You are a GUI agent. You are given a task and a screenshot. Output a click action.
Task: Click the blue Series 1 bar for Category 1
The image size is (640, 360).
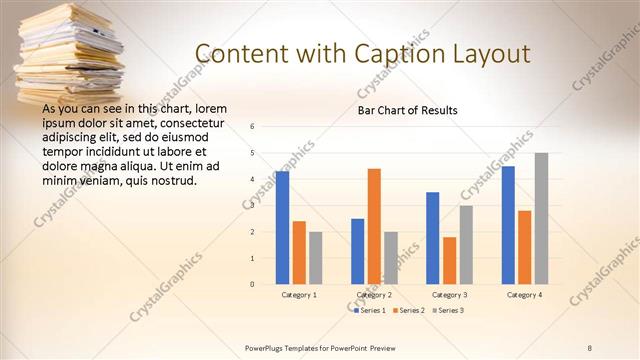point(282,228)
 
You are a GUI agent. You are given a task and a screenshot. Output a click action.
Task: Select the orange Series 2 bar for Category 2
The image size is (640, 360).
point(374,226)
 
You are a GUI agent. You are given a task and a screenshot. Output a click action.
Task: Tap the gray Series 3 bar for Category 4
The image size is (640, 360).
point(541,218)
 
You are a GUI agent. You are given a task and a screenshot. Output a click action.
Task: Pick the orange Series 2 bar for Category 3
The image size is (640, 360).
point(450,260)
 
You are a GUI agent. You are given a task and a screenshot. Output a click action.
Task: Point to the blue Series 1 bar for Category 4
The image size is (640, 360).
point(508,225)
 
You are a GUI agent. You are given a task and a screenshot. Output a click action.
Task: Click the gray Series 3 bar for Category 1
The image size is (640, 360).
point(315,258)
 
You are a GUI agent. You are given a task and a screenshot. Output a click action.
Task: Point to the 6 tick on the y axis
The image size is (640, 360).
point(253,127)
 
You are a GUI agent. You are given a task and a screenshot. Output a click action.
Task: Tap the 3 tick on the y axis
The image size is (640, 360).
point(253,206)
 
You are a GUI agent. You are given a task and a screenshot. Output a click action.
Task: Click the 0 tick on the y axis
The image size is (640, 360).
point(253,284)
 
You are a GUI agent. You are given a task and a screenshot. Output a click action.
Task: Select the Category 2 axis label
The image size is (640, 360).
point(374,295)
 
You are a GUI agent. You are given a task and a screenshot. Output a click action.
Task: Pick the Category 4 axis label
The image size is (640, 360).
point(525,295)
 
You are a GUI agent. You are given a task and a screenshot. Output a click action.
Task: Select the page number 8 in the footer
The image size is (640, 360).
point(589,348)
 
